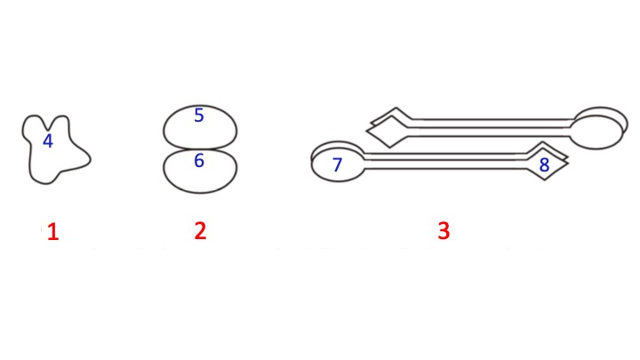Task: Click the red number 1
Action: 52,233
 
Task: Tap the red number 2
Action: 200,231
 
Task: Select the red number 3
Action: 444,231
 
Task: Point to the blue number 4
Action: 48,140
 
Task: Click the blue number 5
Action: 198,116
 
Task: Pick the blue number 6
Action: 199,161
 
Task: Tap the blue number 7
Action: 337,164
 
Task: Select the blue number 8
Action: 544,165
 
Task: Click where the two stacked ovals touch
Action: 200,148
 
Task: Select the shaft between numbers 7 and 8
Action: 444,160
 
